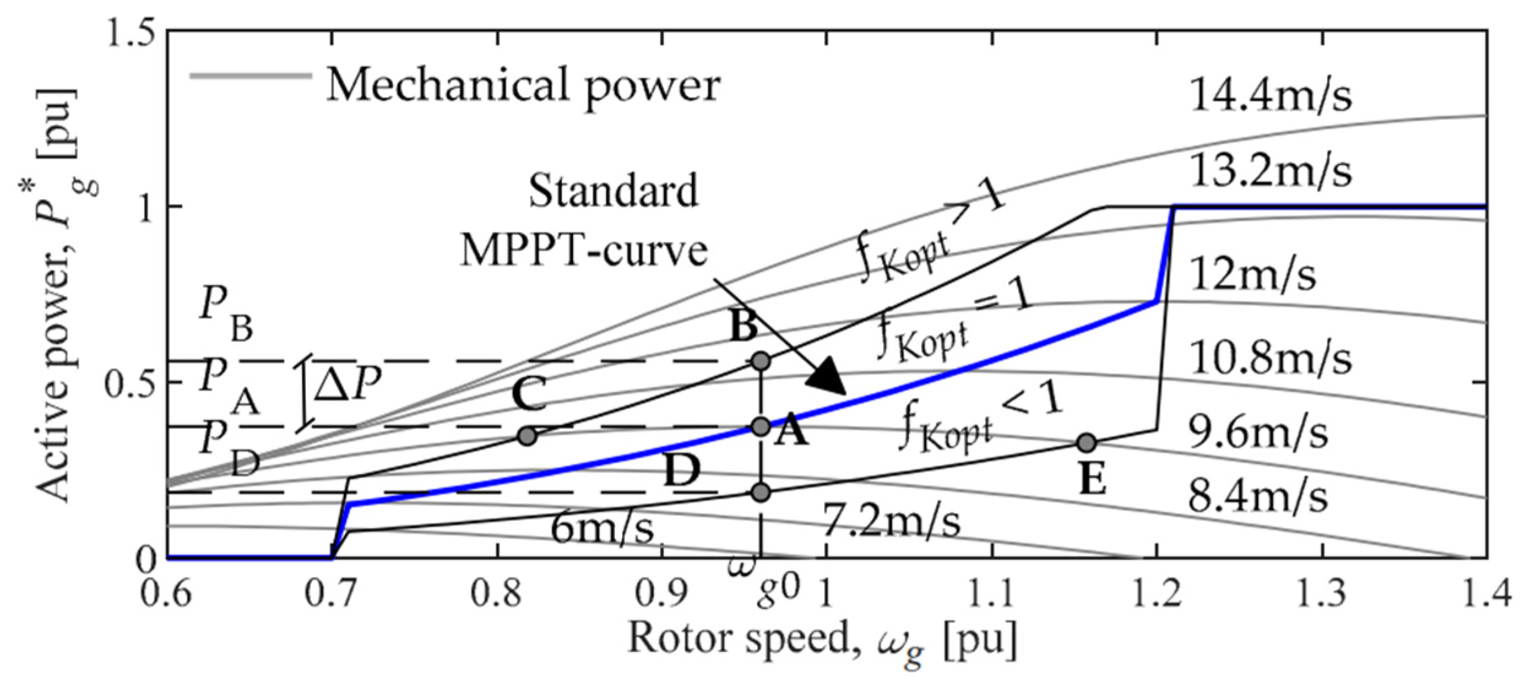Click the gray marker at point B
point(761,361)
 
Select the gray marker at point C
point(527,436)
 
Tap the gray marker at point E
point(1086,443)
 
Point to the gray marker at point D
point(761,492)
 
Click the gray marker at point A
point(761,427)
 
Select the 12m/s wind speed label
point(1253,274)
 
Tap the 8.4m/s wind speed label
point(1258,496)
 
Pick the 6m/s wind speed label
point(602,528)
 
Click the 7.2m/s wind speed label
point(891,522)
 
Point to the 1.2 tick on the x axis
point(1156,595)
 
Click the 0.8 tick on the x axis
point(498,595)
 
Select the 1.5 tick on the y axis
point(130,34)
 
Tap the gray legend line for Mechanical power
point(251,77)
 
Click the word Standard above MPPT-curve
point(613,190)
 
